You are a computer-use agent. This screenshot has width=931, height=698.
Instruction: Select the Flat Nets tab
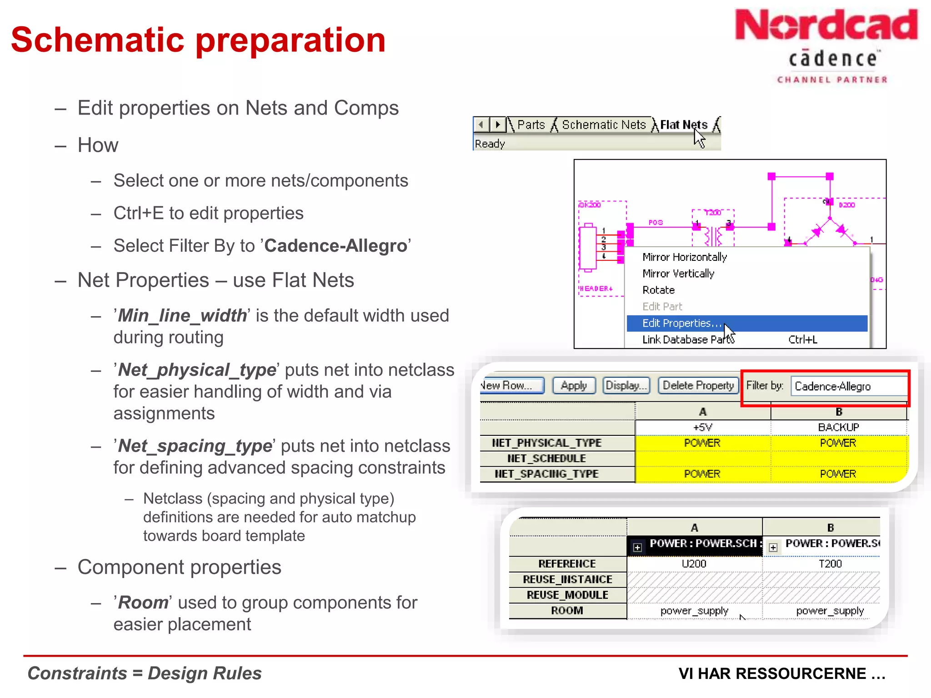pyautogui.click(x=683, y=125)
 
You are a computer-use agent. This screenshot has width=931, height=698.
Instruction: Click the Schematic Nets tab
pyautogui.click(x=603, y=125)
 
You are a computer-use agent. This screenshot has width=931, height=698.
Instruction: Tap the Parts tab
pyautogui.click(x=531, y=125)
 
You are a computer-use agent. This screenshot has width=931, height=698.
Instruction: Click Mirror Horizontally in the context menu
pyautogui.click(x=685, y=257)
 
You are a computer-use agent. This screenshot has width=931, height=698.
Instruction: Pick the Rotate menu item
pyautogui.click(x=658, y=290)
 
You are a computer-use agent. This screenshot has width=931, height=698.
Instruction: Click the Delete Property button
pyautogui.click(x=698, y=385)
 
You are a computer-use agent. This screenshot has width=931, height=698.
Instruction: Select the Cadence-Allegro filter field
pyautogui.click(x=848, y=386)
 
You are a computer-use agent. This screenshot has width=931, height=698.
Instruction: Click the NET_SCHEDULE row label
pyautogui.click(x=546, y=459)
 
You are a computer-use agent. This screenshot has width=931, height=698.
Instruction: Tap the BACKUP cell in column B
pyautogui.click(x=838, y=427)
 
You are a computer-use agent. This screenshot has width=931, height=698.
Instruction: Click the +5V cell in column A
pyautogui.click(x=702, y=427)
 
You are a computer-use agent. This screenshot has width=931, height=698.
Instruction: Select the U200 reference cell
pyautogui.click(x=694, y=564)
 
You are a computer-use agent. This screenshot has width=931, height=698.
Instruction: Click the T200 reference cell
pyautogui.click(x=830, y=564)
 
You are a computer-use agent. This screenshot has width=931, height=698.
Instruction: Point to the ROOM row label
pyautogui.click(x=567, y=611)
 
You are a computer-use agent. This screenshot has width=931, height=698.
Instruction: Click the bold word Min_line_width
pyautogui.click(x=182, y=315)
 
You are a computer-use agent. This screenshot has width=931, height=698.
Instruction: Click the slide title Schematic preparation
pyautogui.click(x=198, y=40)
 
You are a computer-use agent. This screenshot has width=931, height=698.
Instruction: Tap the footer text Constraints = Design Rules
pyautogui.click(x=145, y=673)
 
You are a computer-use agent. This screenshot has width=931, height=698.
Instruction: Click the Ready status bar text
pyautogui.click(x=490, y=144)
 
